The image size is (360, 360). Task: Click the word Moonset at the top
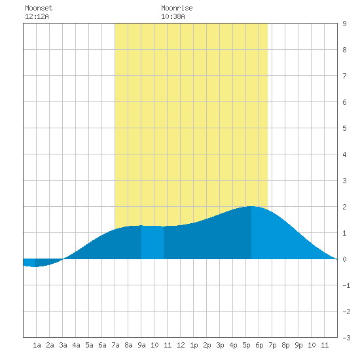[39, 8]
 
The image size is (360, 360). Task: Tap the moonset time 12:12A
[37, 16]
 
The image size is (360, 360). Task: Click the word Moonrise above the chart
[177, 8]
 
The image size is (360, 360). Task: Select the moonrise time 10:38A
[173, 16]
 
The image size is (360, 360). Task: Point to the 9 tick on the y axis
[344, 24]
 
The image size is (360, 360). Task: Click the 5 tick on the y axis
[344, 128]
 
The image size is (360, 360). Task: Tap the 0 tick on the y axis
[344, 259]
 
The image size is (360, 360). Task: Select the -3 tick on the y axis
[346, 338]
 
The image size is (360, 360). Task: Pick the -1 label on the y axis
[346, 285]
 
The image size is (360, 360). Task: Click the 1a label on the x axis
[37, 345]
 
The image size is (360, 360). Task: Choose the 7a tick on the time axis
[115, 345]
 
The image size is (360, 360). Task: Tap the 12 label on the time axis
[181, 345]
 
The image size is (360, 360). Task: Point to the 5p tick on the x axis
[246, 345]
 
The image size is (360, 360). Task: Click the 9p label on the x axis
[298, 345]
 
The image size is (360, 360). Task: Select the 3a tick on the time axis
[63, 345]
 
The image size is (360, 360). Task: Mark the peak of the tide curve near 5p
[251, 206]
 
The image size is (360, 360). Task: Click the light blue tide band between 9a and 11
[153, 242]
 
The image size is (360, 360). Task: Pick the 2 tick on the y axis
[344, 207]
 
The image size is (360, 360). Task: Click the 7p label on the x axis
[272, 345]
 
